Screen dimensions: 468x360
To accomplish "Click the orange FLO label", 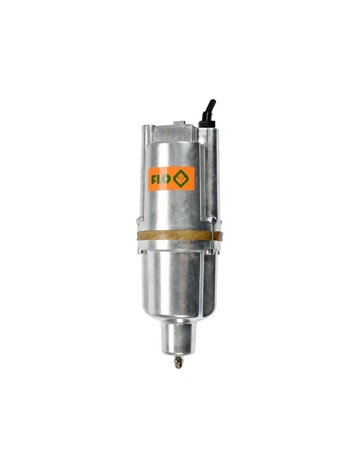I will (171, 179).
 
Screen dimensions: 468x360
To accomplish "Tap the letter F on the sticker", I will (153, 179).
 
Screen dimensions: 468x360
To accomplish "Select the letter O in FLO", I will (166, 179).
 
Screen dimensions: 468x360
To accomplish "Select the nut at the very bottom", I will (178, 363).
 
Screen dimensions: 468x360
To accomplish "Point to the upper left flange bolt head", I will (139, 220).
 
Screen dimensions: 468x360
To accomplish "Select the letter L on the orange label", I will (159, 179).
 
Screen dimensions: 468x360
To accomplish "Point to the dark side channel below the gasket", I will (211, 281).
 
